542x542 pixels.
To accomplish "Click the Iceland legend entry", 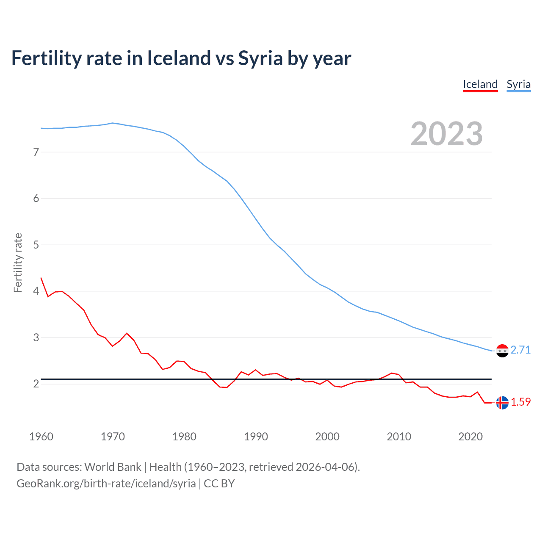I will click(480, 84).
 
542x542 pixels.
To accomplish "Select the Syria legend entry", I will click(518, 84).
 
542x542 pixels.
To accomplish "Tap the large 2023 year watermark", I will click(446, 134).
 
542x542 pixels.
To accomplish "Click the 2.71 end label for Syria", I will click(520, 350).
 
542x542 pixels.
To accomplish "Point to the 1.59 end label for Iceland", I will click(520, 402).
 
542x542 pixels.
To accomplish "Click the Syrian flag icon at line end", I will click(502, 351).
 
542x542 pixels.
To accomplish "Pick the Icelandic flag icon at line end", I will click(502, 403).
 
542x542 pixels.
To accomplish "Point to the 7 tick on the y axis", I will click(36, 152).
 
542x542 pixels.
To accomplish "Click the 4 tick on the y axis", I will click(36, 291).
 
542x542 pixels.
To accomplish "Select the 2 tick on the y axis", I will click(36, 384).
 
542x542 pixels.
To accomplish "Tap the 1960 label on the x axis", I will click(41, 437).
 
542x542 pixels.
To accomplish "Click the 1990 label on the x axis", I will click(256, 437).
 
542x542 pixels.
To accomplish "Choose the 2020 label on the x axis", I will click(470, 437).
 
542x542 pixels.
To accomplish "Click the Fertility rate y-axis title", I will click(18, 263).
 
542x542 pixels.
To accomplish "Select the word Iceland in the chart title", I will click(179, 58).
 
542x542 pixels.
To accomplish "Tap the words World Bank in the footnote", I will click(113, 467).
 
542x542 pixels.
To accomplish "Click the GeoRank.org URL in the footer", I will click(106, 484).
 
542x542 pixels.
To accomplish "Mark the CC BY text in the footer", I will click(219, 484).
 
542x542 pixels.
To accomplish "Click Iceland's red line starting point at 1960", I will click(41, 278).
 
